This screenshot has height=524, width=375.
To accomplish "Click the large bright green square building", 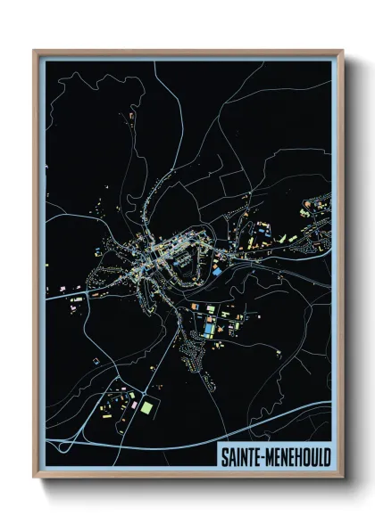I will coord(146,407).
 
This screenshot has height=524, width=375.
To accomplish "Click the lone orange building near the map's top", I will coord(130,117).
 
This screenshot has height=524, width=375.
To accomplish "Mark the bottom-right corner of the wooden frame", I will coord(344,479).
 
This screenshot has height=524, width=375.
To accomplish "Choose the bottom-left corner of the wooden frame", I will coord(34,479).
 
